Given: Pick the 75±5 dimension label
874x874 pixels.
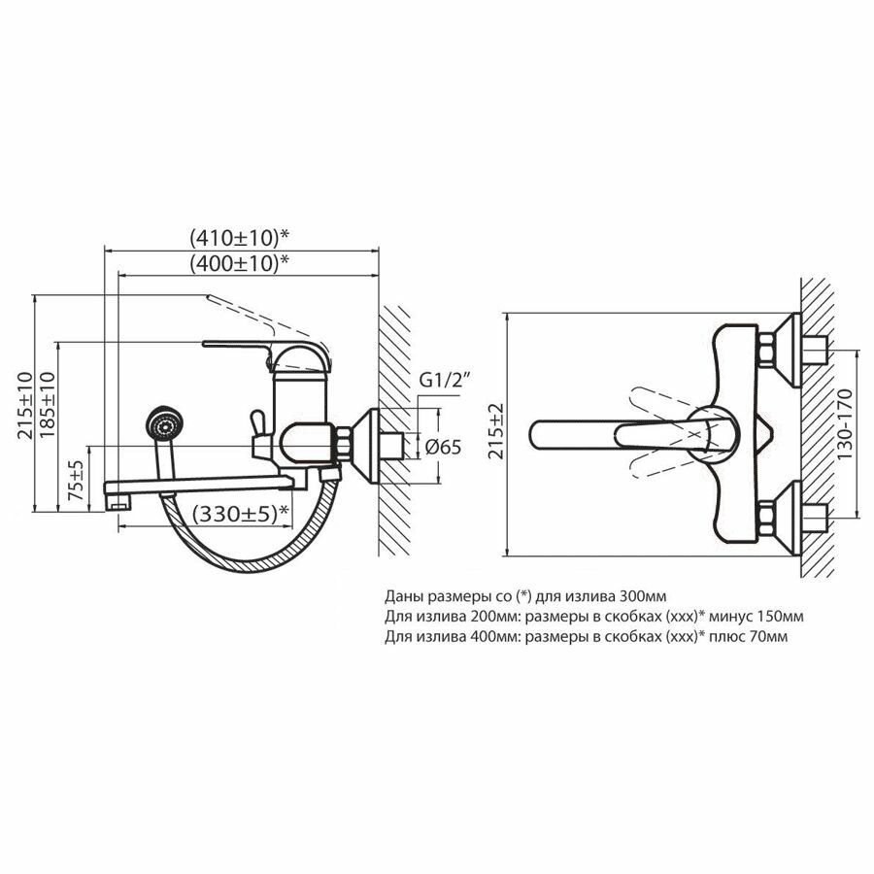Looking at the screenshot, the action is click(79, 479).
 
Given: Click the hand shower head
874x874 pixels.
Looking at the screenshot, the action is click(162, 426).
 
